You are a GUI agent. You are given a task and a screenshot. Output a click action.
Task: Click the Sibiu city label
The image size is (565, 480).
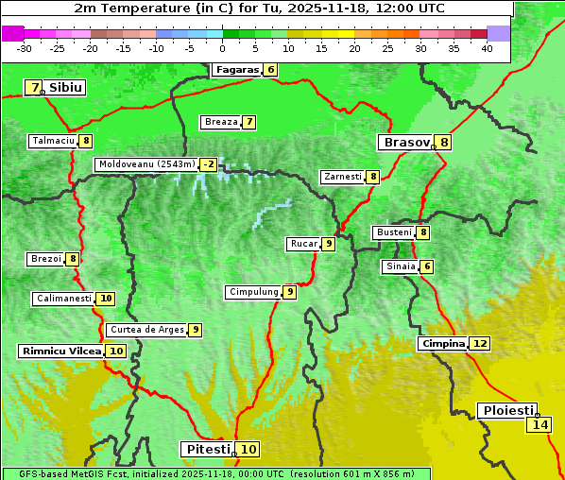click(x=66, y=88)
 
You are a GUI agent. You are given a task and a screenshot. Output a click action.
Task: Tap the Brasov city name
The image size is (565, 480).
click(x=404, y=143)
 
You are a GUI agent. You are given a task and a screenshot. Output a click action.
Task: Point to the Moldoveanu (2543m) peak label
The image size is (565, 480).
click(x=146, y=164)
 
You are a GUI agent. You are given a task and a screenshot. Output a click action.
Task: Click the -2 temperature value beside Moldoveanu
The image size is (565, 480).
click(x=208, y=164)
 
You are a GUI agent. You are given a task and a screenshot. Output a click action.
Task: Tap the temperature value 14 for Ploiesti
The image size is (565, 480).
click(x=539, y=425)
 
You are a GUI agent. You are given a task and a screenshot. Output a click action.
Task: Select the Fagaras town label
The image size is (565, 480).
click(x=235, y=70)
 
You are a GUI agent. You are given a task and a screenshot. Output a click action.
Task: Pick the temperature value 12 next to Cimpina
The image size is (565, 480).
click(x=480, y=344)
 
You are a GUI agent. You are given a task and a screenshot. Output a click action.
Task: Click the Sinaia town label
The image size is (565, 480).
click(x=400, y=266)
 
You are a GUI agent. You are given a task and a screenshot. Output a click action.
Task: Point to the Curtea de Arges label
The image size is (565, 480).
click(x=145, y=330)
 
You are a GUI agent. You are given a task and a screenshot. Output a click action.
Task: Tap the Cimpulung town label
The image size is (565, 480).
click(x=253, y=292)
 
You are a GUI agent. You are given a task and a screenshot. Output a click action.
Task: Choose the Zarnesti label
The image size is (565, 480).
click(x=342, y=177)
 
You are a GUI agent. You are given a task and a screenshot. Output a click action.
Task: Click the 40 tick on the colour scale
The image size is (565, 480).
click(x=487, y=48)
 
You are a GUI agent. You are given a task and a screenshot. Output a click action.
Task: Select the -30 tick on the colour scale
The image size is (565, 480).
click(x=25, y=48)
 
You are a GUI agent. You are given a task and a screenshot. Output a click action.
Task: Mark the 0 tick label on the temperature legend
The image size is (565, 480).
click(x=222, y=48)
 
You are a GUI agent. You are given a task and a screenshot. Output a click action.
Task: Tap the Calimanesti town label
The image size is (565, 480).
click(x=63, y=299)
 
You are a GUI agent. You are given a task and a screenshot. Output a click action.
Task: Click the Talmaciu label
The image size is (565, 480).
click(x=53, y=141)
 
